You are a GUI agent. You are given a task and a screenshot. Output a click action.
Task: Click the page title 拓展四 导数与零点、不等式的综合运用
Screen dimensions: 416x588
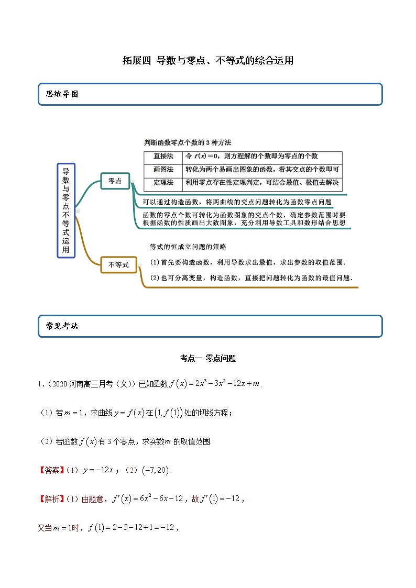click(208, 61)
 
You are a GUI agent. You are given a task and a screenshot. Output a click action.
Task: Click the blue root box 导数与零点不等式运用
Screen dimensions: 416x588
click(66, 210)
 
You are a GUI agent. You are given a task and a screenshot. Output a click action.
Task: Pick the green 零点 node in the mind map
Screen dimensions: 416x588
click(115, 181)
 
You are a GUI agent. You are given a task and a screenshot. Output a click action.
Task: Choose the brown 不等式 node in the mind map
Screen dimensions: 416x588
click(118, 265)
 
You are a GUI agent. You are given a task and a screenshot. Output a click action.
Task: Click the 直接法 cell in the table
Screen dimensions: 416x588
click(163, 157)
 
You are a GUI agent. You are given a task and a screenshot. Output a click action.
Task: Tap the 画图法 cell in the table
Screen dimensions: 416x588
click(163, 170)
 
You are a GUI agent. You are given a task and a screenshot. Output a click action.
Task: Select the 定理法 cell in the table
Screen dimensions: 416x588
click(163, 183)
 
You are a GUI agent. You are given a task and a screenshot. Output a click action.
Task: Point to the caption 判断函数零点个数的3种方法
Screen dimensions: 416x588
click(188, 142)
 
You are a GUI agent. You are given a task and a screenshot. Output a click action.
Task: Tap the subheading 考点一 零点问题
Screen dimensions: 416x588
click(208, 359)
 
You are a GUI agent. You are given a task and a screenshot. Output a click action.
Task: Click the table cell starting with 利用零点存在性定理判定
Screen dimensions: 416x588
click(262, 183)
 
